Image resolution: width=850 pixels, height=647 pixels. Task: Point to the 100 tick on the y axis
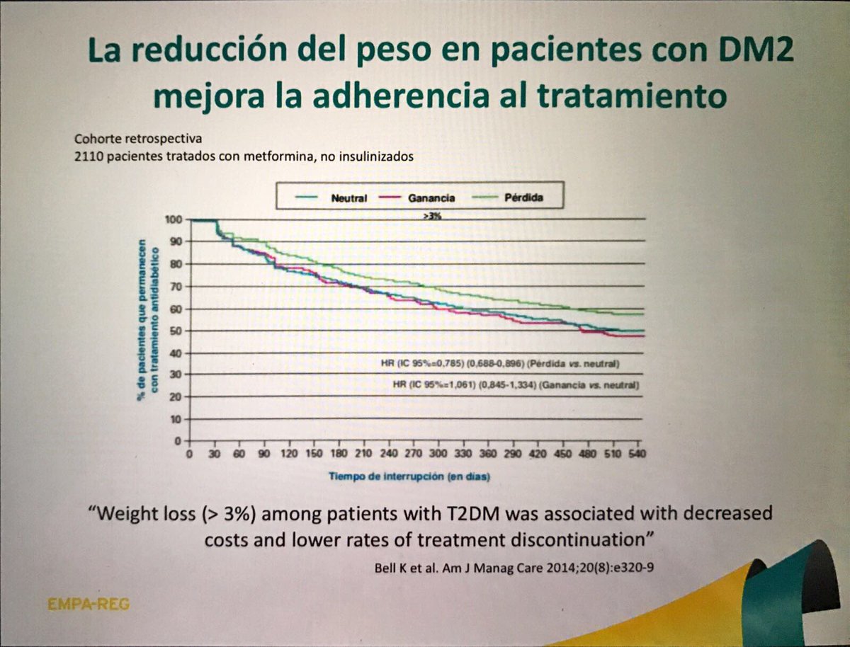(x=174, y=219)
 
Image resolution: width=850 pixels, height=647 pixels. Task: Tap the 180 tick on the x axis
(x=339, y=454)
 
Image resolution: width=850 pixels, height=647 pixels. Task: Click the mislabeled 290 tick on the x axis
(x=513, y=454)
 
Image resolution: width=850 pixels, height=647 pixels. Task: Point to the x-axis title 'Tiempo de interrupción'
(x=409, y=476)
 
